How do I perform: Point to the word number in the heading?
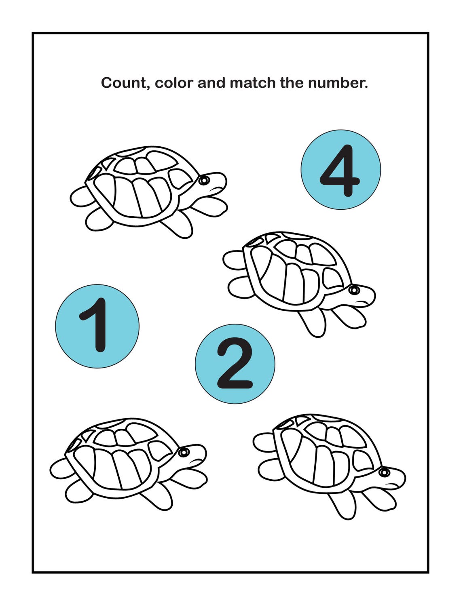[338, 83]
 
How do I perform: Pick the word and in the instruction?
[211, 83]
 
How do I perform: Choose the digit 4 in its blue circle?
[340, 170]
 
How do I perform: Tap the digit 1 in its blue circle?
[95, 325]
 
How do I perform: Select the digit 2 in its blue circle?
[235, 364]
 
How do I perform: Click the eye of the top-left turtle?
[204, 180]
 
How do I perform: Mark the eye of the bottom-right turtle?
[384, 472]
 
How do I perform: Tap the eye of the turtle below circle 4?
[354, 290]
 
